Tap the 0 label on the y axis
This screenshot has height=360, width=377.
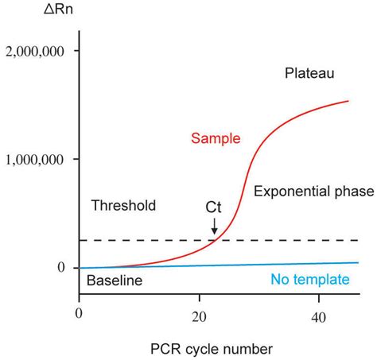point(60,268)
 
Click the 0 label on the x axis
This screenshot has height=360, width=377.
point(79,314)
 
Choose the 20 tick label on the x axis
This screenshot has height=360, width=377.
point(198,314)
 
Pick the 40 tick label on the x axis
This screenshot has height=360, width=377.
point(318,314)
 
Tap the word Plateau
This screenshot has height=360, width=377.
point(309,74)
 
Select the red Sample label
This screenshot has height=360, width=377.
point(216,138)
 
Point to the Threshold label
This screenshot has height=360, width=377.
point(122,206)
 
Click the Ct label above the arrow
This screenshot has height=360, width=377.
point(214,207)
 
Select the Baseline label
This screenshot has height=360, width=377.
point(114,281)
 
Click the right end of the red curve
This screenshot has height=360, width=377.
point(348,101)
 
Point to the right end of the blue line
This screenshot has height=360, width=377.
point(358,262)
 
